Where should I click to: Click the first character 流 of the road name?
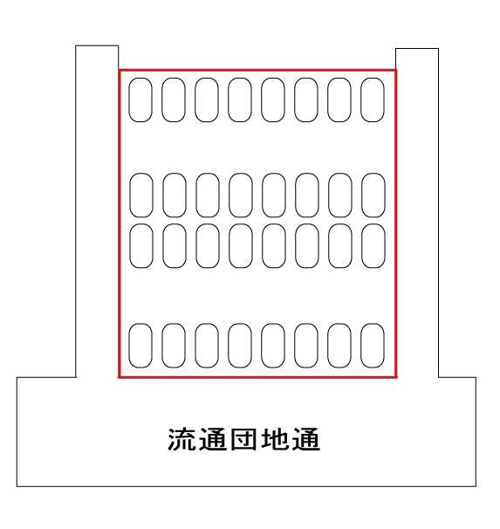181,439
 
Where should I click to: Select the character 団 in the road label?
244,439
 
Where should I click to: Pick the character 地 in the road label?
275,439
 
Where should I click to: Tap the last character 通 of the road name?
306,439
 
